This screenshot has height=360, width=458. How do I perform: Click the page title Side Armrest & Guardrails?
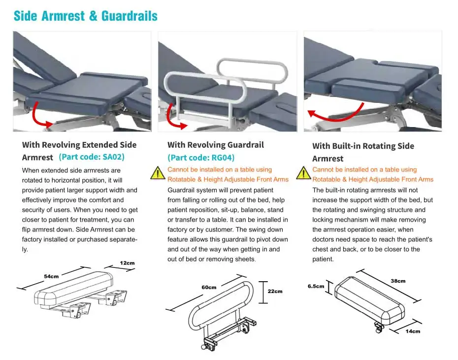[x=86, y=16]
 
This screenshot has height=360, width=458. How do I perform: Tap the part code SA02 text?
[x=92, y=157]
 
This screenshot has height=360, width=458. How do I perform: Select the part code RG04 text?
[x=201, y=158]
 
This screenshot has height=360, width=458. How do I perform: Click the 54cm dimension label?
[x=51, y=276]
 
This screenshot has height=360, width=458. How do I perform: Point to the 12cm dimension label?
[x=127, y=263]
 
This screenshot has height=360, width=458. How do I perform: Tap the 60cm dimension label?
[x=209, y=287]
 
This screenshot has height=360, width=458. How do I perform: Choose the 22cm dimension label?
[x=275, y=291]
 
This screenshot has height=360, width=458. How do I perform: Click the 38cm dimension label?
[x=398, y=281]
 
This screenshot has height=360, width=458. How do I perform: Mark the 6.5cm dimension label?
[x=316, y=286]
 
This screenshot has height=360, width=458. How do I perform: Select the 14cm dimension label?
[x=413, y=331]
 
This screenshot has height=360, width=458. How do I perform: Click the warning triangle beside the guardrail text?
[x=158, y=173]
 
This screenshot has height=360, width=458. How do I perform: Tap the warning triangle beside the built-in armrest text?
[x=303, y=173]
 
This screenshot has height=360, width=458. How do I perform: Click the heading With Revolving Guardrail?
[x=216, y=145]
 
